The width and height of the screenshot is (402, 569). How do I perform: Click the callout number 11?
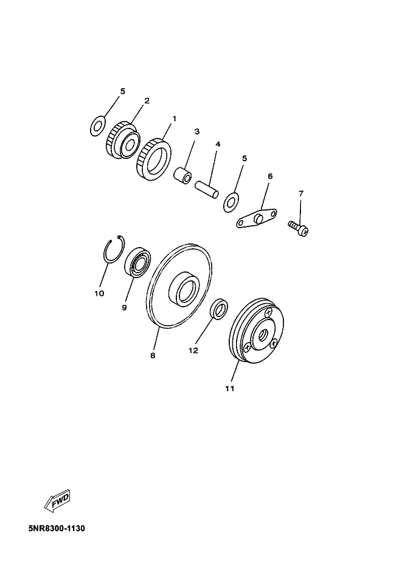click(230, 389)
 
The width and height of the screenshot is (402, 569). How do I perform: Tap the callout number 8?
click(153, 355)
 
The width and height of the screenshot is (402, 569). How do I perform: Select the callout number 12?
click(193, 351)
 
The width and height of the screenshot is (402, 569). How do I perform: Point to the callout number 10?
click(99, 293)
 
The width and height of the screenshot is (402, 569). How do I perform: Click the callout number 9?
click(124, 308)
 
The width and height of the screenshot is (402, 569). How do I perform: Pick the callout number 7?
click(300, 194)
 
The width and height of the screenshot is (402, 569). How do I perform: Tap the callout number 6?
click(270, 176)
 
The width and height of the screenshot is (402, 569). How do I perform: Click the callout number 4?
click(218, 144)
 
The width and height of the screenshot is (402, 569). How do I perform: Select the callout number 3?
click(197, 131)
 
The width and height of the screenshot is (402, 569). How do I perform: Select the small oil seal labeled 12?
click(220, 310)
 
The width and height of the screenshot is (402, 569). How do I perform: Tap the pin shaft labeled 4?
click(207, 189)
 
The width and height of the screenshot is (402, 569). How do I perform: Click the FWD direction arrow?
click(57, 501)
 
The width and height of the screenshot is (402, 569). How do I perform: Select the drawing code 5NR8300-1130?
click(57, 528)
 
